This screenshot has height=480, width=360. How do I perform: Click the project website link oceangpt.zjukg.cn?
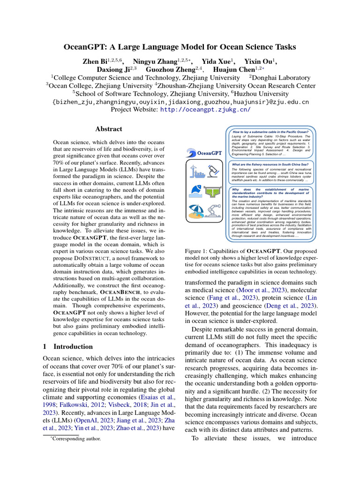coord(205,109)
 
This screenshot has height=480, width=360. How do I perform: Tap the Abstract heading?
coord(109,129)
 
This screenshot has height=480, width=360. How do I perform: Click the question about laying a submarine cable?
coord(271,132)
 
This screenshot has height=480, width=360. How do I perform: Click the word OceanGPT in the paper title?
coord(88,47)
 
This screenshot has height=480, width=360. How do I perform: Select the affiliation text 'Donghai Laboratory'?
coord(281,77)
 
